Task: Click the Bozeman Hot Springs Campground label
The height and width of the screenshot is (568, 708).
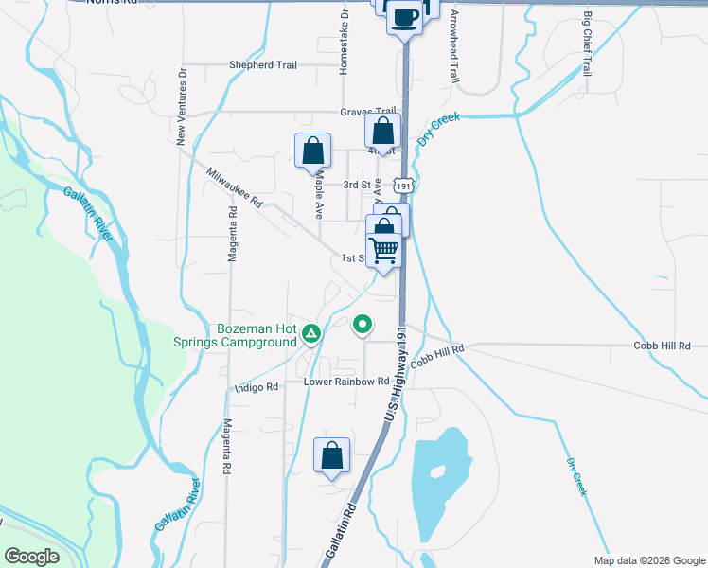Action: coord(257,335)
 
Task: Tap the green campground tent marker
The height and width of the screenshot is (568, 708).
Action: coord(310,333)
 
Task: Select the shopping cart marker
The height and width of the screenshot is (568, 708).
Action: coord(384,251)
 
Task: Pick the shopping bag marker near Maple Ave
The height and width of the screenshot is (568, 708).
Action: coord(312,151)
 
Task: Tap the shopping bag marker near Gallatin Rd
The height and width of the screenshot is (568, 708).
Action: coord(331,454)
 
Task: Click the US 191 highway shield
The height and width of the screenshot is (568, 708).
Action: coord(404,188)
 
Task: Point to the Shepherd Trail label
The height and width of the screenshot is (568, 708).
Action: coord(262,65)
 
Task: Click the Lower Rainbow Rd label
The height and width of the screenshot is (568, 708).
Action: coord(346,382)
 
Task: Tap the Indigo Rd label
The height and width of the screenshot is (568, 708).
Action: coord(257,387)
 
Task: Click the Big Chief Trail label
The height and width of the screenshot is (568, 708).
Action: coord(587,44)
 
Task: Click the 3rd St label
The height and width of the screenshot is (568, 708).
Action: coord(354,185)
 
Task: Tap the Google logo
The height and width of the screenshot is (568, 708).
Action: coord(30,557)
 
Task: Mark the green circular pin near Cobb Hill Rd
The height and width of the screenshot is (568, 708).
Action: coord(362,326)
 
